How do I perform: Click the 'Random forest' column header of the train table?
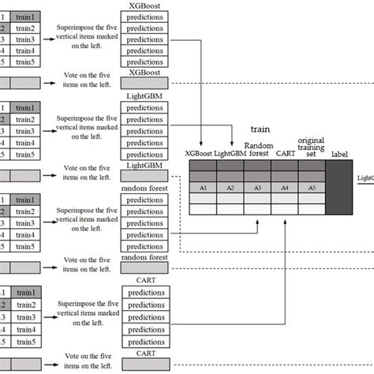point(258,149)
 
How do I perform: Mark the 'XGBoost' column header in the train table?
point(197,154)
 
